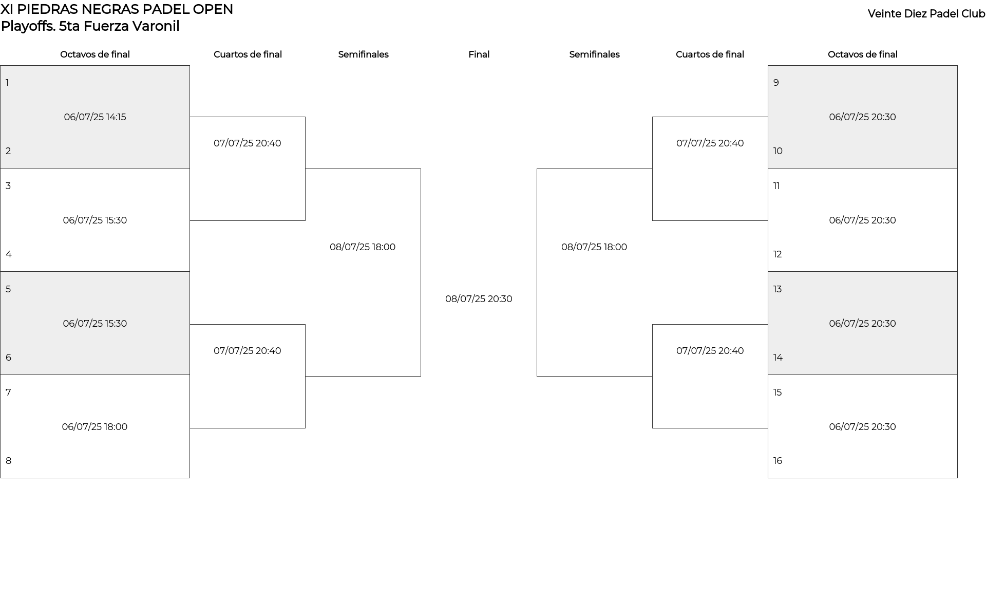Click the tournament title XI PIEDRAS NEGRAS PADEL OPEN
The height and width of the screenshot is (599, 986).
[x=117, y=9]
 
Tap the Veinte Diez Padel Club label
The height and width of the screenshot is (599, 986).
[x=926, y=14]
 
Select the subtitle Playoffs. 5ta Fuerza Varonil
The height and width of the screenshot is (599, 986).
[x=90, y=26]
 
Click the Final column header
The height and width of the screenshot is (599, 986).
[x=479, y=54]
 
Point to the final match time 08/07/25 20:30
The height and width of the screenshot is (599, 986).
[x=479, y=299]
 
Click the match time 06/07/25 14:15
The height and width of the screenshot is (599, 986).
[x=95, y=117]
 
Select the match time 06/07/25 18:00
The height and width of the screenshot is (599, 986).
[x=94, y=427]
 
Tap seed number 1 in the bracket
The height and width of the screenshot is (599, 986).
[x=7, y=83]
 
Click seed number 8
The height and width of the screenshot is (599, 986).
[x=8, y=461]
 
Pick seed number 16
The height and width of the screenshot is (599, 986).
[x=778, y=461]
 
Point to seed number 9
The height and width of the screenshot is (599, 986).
[x=776, y=83]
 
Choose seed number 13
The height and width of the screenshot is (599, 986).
[x=778, y=289]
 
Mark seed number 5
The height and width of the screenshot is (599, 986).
[x=8, y=289]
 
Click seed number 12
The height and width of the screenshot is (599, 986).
[x=778, y=254]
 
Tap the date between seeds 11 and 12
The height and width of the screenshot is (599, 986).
[x=862, y=220]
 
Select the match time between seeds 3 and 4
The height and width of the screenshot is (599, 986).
[x=95, y=220]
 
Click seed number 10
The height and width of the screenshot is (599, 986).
[x=778, y=151]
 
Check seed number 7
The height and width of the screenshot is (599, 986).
[x=8, y=392]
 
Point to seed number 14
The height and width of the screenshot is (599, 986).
[x=778, y=358]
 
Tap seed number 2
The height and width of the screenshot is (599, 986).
[x=8, y=151]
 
